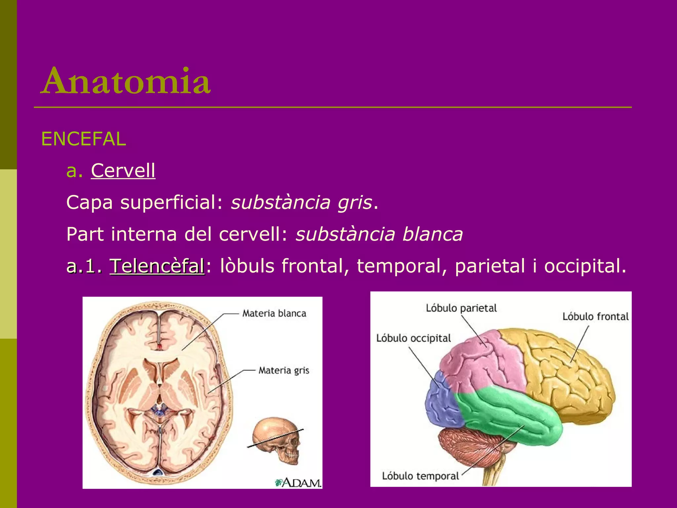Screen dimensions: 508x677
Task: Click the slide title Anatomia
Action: (x=126, y=81)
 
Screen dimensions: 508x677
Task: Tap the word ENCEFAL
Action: (x=83, y=139)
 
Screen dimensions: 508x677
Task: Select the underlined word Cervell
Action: (x=123, y=171)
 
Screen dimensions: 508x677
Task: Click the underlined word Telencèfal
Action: (x=157, y=266)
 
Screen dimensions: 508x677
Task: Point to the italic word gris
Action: (x=355, y=202)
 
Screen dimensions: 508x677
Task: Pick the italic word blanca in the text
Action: (x=433, y=234)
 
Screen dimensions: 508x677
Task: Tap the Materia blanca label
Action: (x=274, y=313)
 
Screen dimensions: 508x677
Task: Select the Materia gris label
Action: (x=284, y=370)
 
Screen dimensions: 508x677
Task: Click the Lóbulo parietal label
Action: (x=461, y=308)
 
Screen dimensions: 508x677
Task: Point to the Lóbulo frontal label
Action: (x=595, y=317)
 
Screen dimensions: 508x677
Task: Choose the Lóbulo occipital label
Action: (x=414, y=338)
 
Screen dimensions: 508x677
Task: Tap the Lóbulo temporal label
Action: (x=420, y=476)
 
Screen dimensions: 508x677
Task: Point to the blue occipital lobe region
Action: (x=441, y=402)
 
